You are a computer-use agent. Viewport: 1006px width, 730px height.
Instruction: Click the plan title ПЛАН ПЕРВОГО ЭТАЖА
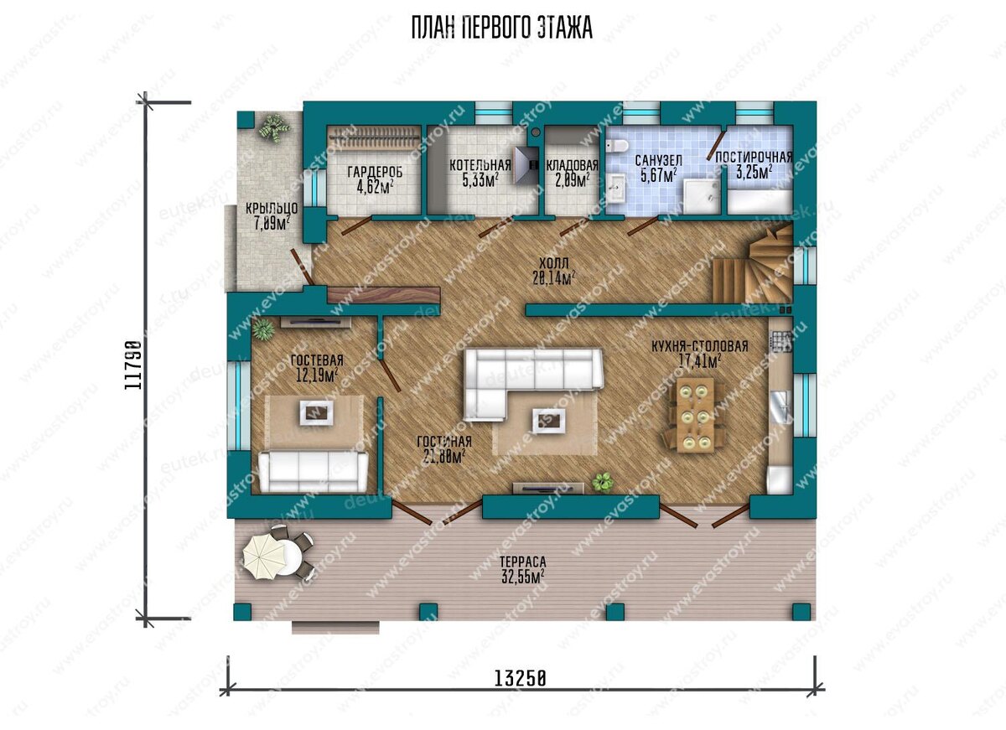coord(501,28)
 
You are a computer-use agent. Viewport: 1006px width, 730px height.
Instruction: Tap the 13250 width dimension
coord(520,678)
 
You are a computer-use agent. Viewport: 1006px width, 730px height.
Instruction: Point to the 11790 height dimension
coord(133,365)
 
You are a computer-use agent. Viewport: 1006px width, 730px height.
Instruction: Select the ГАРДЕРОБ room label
coord(375,172)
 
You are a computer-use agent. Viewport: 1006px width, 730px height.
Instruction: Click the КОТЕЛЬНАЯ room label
coord(480,165)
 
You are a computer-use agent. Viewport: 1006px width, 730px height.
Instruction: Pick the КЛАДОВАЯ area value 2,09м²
coord(573,181)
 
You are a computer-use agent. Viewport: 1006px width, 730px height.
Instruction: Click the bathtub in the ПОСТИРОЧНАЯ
coord(760,202)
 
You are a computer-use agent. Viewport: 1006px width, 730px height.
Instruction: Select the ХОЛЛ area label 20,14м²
coord(554,278)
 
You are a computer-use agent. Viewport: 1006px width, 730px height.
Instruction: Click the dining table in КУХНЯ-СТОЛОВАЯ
coord(694,414)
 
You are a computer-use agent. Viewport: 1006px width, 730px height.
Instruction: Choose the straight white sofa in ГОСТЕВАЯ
coord(313,471)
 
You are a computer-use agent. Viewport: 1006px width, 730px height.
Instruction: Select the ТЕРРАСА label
coord(523,562)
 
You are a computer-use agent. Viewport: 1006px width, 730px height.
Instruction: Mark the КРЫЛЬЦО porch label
coord(272,209)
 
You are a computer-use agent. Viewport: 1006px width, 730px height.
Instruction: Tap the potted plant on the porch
coord(273,128)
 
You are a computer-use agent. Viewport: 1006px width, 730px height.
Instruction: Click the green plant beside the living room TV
coord(603,482)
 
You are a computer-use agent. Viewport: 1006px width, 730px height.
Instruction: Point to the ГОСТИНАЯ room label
coord(444,442)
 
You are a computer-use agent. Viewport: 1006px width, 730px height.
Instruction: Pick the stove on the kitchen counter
coord(782,341)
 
